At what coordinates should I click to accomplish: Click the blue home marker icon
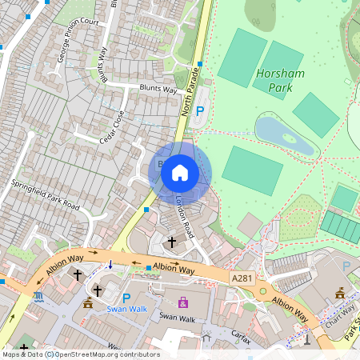point(180,172)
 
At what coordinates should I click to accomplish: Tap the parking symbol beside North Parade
point(200,113)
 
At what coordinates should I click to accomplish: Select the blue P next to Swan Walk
point(126,298)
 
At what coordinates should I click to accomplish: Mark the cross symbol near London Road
point(170,241)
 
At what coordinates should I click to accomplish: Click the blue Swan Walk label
point(128,309)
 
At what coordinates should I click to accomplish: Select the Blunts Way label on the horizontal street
point(158,90)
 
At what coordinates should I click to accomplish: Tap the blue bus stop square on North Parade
point(200,64)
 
